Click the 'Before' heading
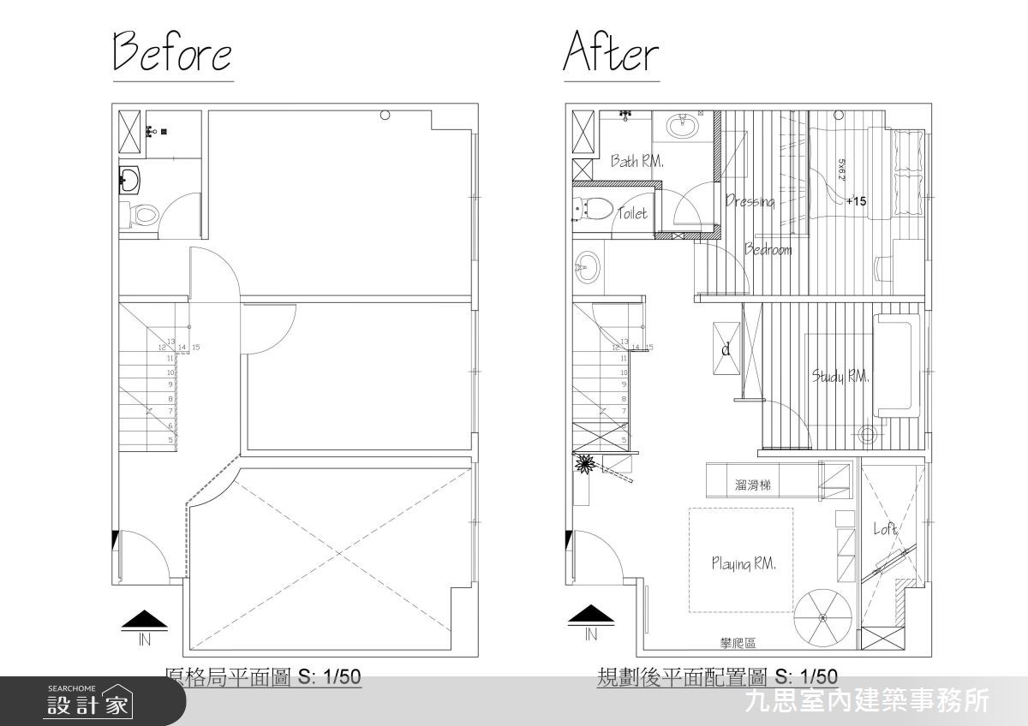(x=172, y=52)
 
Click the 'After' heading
(x=611, y=52)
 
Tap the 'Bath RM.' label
(x=637, y=161)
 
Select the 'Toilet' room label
(x=632, y=214)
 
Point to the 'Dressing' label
(x=750, y=202)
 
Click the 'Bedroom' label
(x=768, y=250)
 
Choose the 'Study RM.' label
(x=840, y=376)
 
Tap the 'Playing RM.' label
(x=743, y=563)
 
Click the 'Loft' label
(x=885, y=529)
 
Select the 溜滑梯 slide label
(x=752, y=485)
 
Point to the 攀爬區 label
(x=738, y=644)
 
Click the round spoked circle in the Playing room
(x=822, y=617)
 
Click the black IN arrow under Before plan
(x=143, y=617)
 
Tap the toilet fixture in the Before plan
(x=142, y=213)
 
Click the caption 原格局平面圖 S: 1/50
(x=262, y=678)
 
